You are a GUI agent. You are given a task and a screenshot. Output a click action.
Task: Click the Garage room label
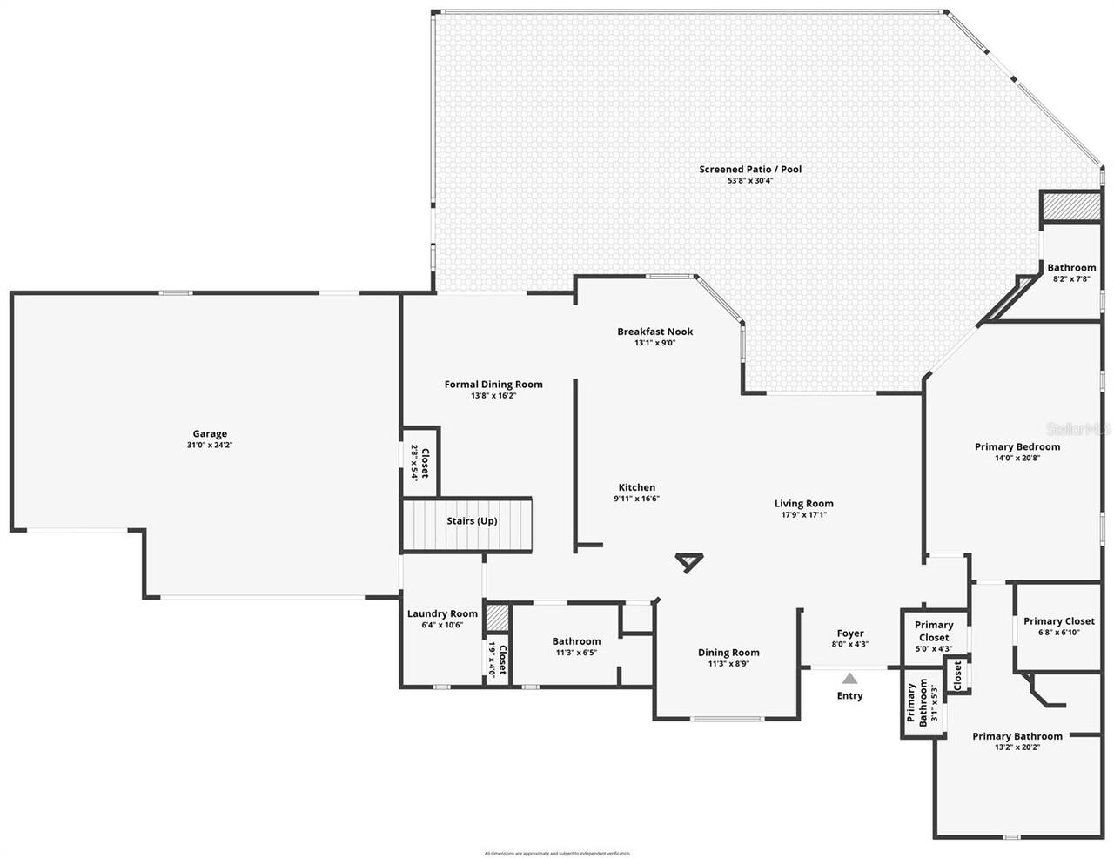click(210, 433)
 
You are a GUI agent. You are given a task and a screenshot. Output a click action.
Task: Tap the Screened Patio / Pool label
click(750, 170)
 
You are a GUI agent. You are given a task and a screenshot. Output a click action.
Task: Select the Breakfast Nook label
click(654, 332)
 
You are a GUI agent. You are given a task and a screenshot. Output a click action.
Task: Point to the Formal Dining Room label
click(493, 385)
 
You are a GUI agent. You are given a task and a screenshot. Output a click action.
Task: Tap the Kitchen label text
click(637, 487)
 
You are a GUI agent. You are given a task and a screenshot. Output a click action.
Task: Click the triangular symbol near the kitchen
click(688, 562)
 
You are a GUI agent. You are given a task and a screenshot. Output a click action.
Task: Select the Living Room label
click(804, 503)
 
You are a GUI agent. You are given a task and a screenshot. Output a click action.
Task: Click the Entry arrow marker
click(849, 677)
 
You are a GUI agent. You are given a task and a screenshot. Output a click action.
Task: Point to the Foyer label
click(850, 633)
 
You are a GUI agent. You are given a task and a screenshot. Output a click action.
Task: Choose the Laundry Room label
click(442, 613)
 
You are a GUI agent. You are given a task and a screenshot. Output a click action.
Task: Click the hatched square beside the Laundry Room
click(497, 617)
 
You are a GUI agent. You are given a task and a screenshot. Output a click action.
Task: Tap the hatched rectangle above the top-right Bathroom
click(1071, 207)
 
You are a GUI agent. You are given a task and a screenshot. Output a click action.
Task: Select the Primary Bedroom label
click(1017, 446)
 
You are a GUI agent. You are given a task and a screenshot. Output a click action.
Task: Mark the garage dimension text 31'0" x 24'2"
click(210, 446)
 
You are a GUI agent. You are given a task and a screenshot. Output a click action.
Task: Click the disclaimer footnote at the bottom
click(557, 854)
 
